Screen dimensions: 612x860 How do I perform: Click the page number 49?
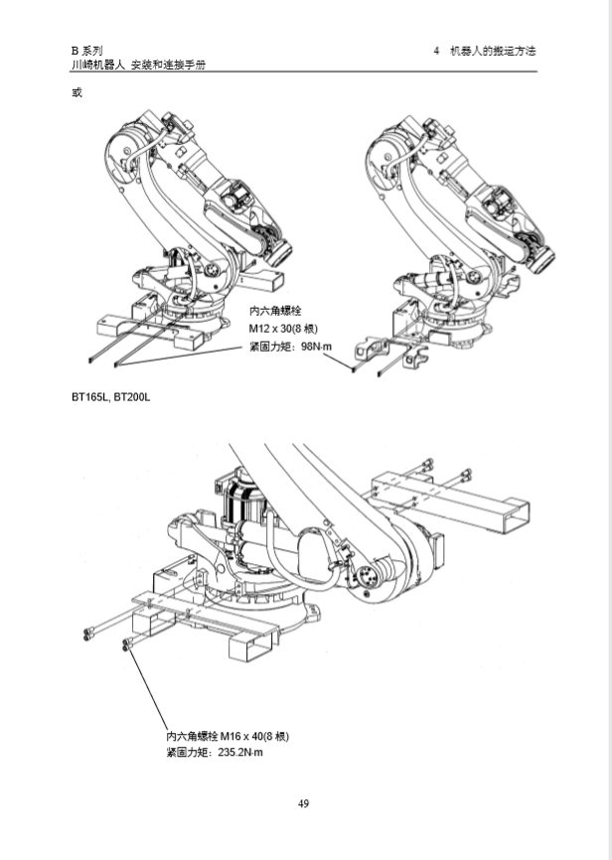tap(304, 803)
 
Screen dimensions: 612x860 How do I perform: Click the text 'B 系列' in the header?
tap(86, 51)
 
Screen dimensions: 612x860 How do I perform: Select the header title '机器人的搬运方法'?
tap(493, 51)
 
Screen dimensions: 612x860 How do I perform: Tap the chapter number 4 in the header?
tap(436, 51)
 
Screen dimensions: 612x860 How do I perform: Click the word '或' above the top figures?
tap(76, 92)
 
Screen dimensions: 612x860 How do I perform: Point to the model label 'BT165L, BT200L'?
tap(110, 396)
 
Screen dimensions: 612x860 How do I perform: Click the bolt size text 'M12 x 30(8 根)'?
tap(283, 329)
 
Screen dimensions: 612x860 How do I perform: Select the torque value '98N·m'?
tap(317, 347)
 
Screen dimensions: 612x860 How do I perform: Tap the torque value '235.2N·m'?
tap(240, 752)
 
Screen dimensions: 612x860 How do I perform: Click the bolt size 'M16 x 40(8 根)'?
tap(254, 736)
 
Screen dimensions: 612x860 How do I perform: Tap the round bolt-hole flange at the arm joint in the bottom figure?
tap(366, 578)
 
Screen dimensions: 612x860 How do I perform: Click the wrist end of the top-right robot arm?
tap(542, 258)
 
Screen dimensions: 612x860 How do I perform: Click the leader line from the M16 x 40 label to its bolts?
tap(148, 689)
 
